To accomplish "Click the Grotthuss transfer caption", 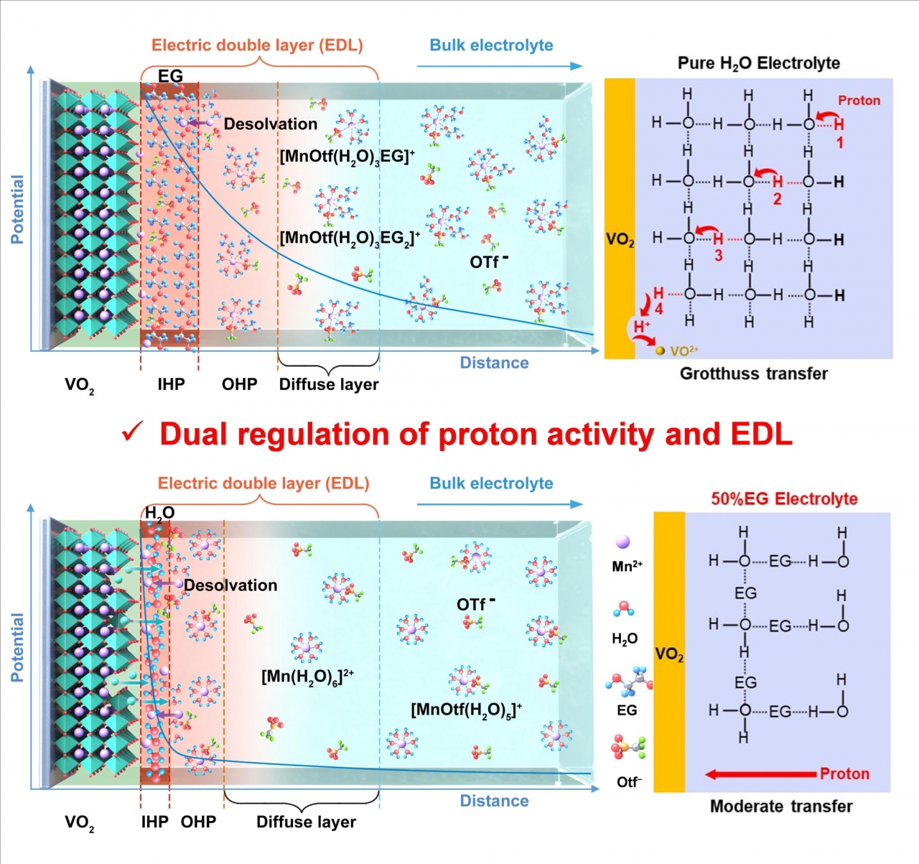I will click(x=753, y=373).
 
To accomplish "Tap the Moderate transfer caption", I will click(x=781, y=807).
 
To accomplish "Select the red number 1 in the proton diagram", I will click(x=839, y=143).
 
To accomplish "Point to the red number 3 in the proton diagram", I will click(x=718, y=256).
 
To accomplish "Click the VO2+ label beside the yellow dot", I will click(x=684, y=351).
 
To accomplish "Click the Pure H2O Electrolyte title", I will click(x=758, y=63).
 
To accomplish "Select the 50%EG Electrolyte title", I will click(x=784, y=499).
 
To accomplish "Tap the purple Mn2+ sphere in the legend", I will click(x=623, y=542).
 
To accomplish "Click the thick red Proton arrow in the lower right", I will click(x=760, y=774).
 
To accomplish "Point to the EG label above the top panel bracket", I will click(x=170, y=75).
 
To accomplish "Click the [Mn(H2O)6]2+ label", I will click(x=307, y=677).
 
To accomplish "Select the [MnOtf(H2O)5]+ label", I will click(x=466, y=710).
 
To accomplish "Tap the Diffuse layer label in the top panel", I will click(x=329, y=384).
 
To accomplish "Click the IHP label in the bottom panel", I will click(x=154, y=822).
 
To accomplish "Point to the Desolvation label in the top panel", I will click(x=270, y=124).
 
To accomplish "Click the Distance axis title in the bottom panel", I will click(x=494, y=801).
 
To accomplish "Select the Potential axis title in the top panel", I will click(x=17, y=209).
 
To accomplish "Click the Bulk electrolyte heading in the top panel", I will click(x=491, y=45).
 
